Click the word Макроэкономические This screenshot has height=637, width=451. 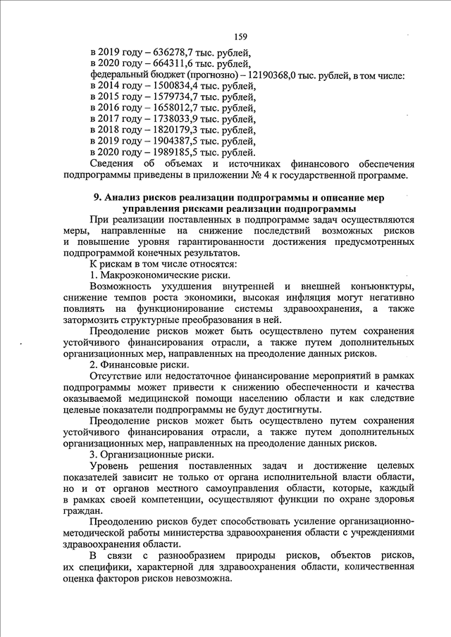coord(149,275)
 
